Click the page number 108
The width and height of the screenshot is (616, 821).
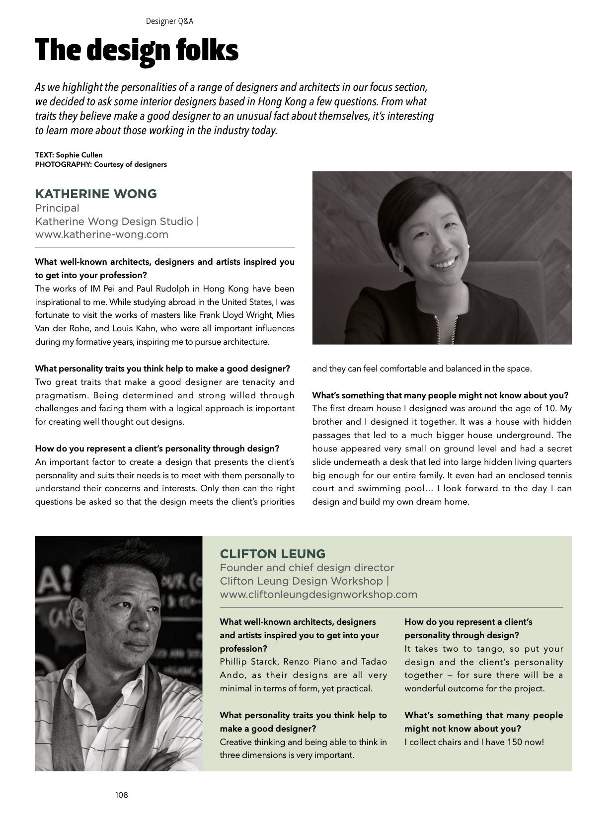(x=121, y=795)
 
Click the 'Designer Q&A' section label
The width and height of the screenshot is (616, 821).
(x=169, y=21)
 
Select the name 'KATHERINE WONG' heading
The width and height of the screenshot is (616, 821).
(x=96, y=194)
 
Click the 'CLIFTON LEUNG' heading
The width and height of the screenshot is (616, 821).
(x=273, y=554)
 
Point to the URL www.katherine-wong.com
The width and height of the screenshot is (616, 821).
(x=101, y=234)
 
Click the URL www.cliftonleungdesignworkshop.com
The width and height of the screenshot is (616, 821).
(x=318, y=595)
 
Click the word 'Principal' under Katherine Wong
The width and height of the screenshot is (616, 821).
(x=57, y=208)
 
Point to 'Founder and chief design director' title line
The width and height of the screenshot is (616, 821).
(x=307, y=568)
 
